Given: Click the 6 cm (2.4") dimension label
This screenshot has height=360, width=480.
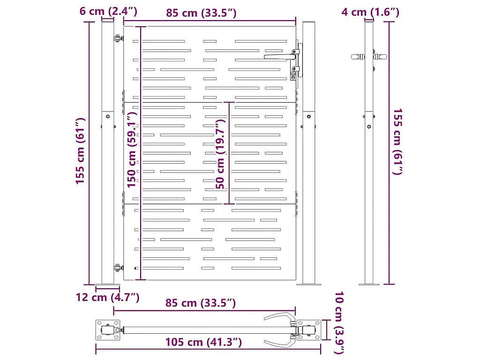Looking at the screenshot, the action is [x=108, y=11].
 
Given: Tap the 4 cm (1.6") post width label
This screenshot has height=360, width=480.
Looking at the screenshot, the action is [x=370, y=12].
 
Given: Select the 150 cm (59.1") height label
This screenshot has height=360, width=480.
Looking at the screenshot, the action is [x=132, y=150].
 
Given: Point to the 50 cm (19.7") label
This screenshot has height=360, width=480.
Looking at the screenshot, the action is [x=220, y=154].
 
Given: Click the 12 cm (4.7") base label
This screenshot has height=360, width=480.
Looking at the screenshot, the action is [x=107, y=297].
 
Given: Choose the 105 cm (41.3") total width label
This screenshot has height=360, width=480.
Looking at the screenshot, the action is [x=203, y=342].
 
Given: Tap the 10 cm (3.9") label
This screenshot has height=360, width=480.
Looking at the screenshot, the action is [x=339, y=322].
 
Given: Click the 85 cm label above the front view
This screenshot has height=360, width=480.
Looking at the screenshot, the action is [x=201, y=13].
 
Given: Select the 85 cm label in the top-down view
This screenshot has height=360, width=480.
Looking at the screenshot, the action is [x=201, y=303].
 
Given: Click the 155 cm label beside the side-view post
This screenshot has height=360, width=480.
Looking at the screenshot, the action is [x=397, y=142].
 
